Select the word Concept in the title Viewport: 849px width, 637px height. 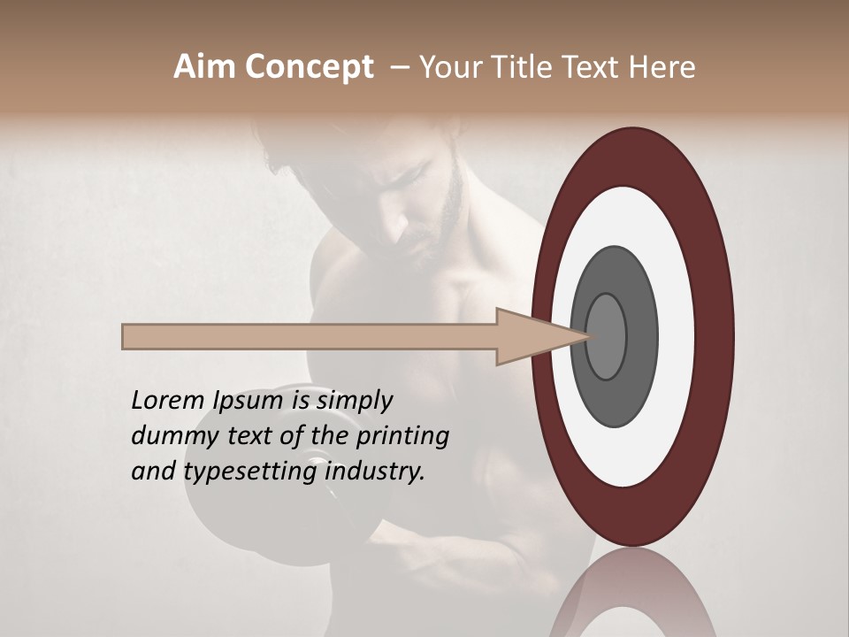(x=309, y=68)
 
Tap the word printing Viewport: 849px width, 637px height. (x=402, y=437)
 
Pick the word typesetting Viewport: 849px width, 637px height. (x=251, y=472)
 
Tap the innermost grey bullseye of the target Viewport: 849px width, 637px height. (x=606, y=336)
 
